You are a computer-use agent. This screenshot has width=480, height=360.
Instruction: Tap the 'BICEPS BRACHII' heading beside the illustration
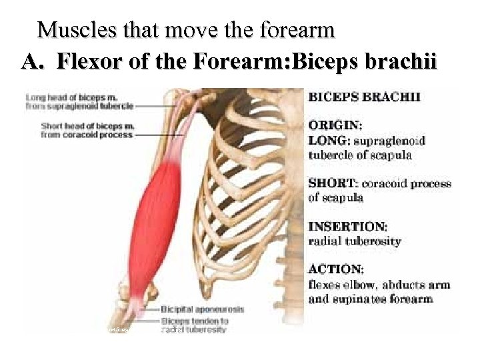pos(364,97)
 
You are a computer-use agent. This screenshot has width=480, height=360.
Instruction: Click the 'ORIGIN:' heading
pos(335,125)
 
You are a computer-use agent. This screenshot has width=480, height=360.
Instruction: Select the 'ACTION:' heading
pos(336,269)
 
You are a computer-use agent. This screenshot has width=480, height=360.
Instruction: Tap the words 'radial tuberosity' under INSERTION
pos(355,241)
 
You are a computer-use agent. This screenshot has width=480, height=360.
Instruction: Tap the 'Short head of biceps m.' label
pos(88,126)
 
